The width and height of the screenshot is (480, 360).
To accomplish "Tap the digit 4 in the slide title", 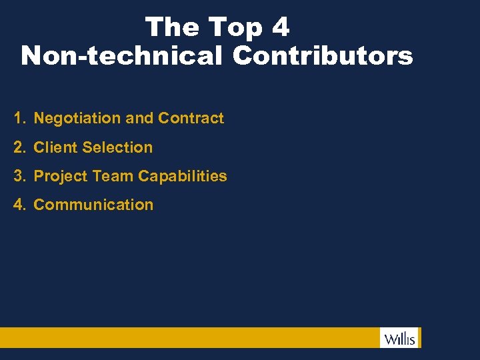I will click(281, 27).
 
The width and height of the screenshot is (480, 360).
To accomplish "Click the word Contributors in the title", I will click(323, 56).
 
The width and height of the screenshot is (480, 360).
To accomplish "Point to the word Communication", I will click(93, 205).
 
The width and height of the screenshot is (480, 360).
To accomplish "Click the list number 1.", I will click(19, 119).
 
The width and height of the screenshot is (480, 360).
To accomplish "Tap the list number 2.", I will click(19, 147).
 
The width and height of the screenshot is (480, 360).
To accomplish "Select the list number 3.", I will click(19, 176).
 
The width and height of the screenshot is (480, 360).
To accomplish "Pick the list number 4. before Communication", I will click(19, 205).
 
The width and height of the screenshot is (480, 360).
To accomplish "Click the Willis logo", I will click(400, 338).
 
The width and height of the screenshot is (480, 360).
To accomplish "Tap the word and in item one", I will click(139, 119).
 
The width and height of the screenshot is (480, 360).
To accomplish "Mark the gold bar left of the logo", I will click(187, 337).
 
